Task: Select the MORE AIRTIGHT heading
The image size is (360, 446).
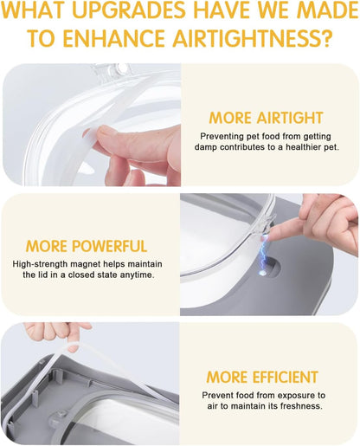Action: point(266,118)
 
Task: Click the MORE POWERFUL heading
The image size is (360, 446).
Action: point(87,246)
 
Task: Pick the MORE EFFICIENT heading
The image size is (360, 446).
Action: point(262,377)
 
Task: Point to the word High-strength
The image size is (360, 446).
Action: point(40,264)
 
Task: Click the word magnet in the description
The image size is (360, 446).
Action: point(86,264)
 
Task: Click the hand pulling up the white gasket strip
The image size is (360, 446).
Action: point(58,335)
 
